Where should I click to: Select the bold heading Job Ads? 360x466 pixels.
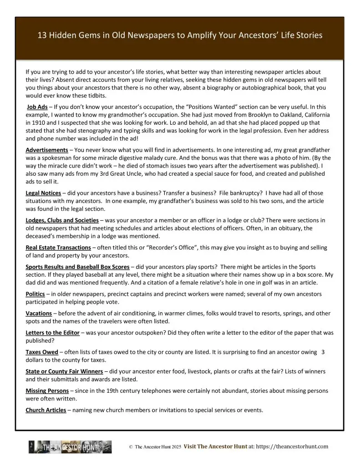pyautogui.click(x=37, y=107)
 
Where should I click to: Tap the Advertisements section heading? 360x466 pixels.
pyautogui.click(x=47, y=150)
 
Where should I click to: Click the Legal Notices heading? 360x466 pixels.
pyautogui.click(x=43, y=193)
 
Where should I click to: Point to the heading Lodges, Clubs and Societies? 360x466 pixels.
pyautogui.click(x=62, y=220)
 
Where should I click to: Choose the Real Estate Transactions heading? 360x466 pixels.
pyautogui.click(x=58, y=248)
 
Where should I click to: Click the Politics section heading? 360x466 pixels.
pyautogui.click(x=35, y=294)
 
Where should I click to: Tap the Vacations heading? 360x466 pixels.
pyautogui.click(x=39, y=314)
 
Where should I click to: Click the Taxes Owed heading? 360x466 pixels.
pyautogui.click(x=42, y=352)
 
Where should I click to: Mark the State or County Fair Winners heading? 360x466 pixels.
pyautogui.click(x=64, y=371)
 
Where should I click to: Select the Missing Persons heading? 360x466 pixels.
pyautogui.click(x=47, y=390)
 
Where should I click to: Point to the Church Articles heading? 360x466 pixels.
pyautogui.click(x=46, y=410)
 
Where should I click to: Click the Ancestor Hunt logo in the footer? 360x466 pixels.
pyautogui.click(x=70, y=447)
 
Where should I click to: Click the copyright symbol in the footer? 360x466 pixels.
pyautogui.click(x=131, y=447)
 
